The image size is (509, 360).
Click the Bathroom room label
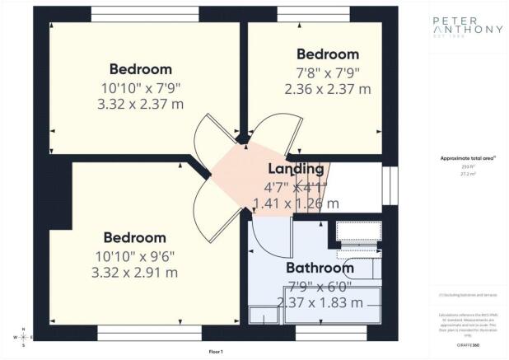320,268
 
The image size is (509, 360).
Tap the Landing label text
296,169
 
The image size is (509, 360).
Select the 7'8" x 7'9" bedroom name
328,54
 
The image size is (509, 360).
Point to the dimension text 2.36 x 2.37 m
328,89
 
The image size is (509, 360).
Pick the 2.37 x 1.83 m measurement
320,302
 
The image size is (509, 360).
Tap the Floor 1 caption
216,352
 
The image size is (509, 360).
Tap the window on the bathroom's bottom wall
319,334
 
